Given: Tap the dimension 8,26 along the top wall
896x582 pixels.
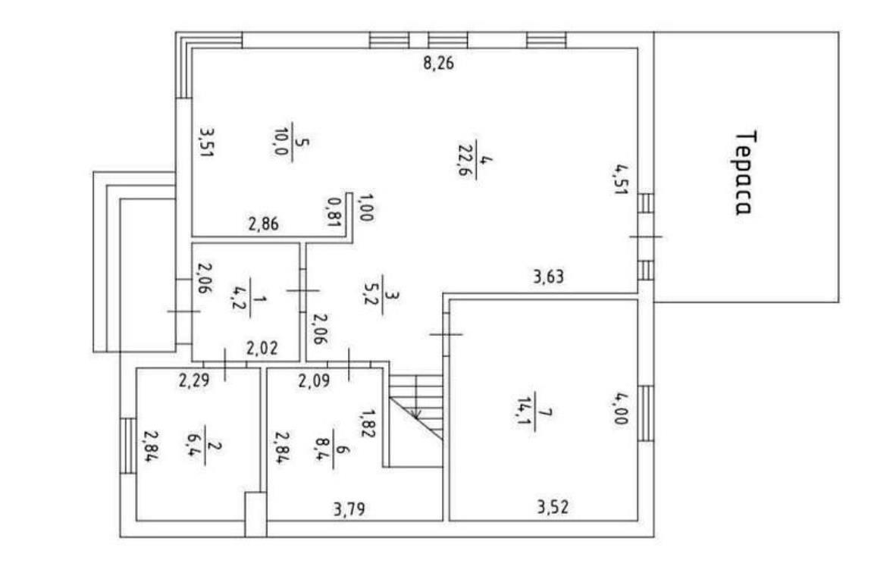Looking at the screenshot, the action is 438,62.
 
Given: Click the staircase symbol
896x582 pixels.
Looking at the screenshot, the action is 416,407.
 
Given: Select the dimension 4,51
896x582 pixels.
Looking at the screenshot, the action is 621,180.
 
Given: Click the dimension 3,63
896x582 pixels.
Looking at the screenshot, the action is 549,277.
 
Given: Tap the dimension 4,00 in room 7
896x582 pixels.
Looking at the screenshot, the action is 621,408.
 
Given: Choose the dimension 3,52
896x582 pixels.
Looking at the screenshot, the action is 553,507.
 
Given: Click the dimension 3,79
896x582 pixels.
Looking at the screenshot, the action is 349,509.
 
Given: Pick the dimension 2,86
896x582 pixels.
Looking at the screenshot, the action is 264,224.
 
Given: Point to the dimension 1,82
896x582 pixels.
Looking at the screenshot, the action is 367,423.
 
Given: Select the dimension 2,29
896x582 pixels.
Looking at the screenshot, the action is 194,380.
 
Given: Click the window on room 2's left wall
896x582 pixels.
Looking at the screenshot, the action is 128,446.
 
